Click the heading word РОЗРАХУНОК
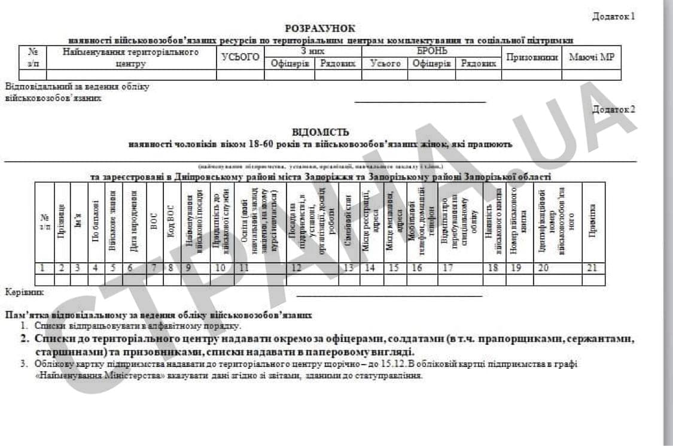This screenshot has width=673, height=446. tap(320, 28)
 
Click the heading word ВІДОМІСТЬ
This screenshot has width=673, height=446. tap(321, 132)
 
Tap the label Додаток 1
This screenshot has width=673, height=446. tap(613, 16)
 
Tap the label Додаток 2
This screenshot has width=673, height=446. tap(613, 109)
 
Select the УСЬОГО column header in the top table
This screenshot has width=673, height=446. tap(240, 57)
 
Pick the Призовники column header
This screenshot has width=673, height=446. tap(531, 57)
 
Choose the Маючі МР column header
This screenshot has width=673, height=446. tap(591, 57)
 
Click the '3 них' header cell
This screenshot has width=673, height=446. tap(313, 51)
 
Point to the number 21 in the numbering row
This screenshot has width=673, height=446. tap(592, 268)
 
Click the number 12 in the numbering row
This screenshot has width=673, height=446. tap(297, 268)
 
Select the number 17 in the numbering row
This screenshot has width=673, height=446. tap(446, 268)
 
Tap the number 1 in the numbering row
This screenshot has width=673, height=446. tap(42, 268)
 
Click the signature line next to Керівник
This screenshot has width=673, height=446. tap(389, 296)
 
